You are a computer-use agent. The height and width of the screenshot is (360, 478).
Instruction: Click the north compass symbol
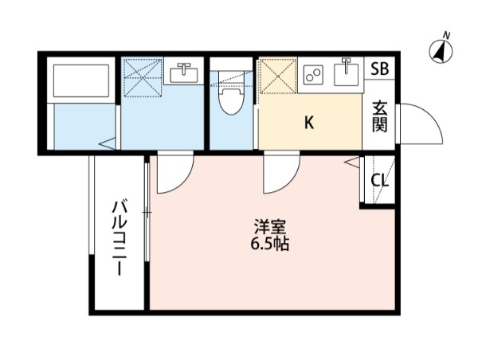[440, 49]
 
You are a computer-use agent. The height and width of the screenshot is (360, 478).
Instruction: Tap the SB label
[379, 68]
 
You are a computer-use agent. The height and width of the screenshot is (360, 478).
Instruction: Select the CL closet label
[380, 179]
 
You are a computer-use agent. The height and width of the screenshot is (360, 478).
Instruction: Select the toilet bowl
[231, 100]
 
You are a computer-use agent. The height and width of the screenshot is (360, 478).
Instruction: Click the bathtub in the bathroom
[80, 80]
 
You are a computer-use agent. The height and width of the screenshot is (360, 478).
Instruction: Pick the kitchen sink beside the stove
[347, 74]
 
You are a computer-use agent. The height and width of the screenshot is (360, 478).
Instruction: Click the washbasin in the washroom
[185, 73]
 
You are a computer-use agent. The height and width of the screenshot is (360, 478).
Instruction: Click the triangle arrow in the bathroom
[106, 144]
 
